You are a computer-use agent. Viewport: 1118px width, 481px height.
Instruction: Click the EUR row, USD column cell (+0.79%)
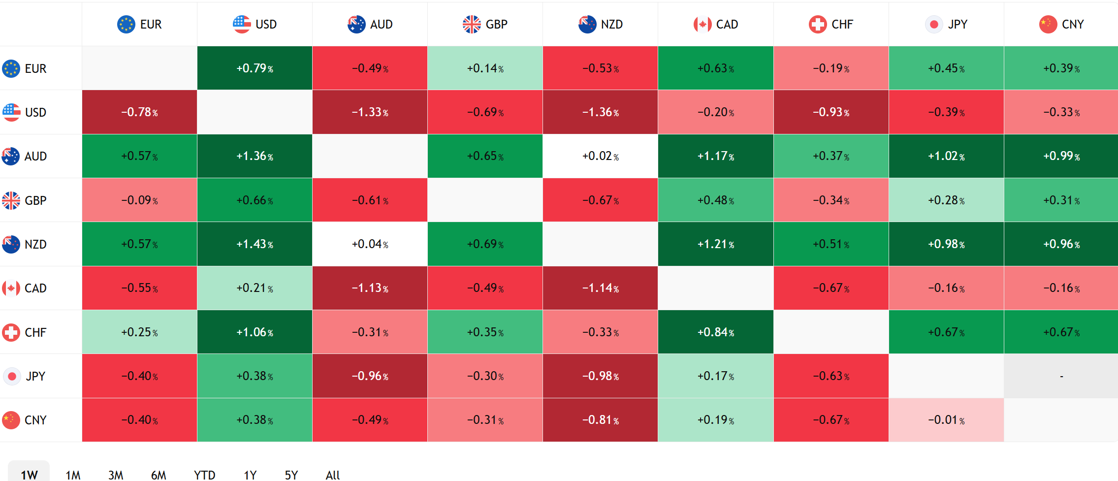255,68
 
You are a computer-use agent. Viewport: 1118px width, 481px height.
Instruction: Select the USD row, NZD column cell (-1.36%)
600,112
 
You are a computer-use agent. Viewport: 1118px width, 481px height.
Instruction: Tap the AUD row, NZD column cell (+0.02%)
600,156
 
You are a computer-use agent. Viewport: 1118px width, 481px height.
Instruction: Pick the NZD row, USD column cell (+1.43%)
255,244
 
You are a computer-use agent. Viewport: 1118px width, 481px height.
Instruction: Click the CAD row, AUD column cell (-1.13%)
370,288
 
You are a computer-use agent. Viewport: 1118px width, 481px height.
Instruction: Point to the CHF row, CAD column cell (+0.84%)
715,332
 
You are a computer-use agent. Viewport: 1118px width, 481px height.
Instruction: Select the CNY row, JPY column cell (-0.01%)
946,420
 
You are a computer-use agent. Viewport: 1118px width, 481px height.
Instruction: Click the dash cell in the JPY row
1061,376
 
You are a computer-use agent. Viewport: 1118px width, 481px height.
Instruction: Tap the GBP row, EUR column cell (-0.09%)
139,200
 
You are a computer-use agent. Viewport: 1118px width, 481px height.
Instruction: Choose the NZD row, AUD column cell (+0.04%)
370,244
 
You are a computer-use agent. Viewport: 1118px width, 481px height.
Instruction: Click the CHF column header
831,24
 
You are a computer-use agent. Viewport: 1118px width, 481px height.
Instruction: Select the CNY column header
1061,24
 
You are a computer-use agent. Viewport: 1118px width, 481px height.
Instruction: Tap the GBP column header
485,24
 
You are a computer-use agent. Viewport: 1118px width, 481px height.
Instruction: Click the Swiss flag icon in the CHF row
11,332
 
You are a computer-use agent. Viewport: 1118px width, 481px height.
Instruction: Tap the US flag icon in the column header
242,24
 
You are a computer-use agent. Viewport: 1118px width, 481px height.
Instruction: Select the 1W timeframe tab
29,474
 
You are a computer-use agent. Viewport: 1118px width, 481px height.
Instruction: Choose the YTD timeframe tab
204,475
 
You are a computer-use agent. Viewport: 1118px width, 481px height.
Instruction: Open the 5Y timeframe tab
291,475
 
